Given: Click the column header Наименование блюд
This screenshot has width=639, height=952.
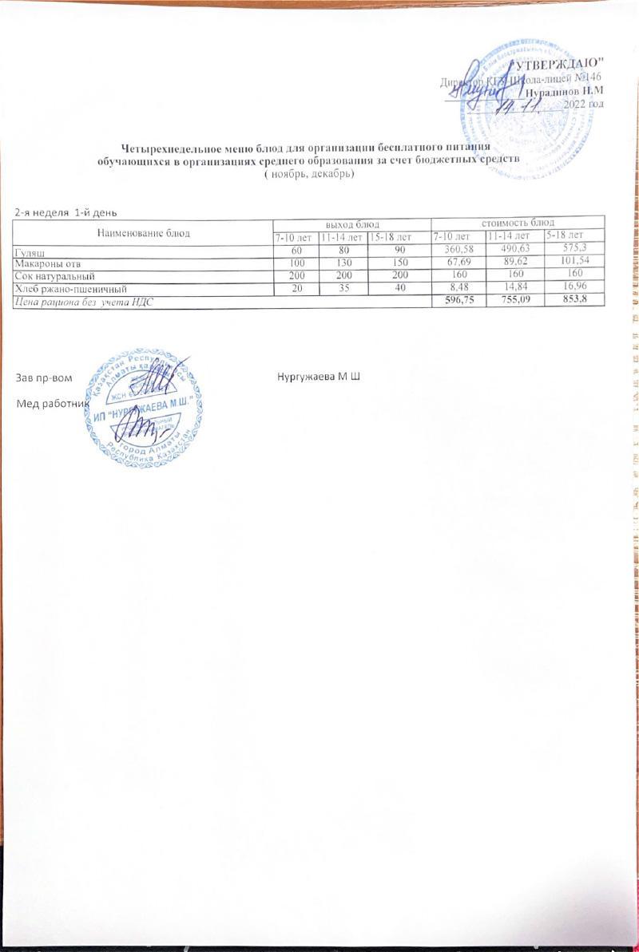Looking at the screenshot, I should (142, 233).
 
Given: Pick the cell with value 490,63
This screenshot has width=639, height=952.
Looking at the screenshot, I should (514, 250).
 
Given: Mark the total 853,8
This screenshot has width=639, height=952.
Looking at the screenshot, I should (573, 299).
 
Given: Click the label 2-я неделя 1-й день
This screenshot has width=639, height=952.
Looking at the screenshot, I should (66, 212).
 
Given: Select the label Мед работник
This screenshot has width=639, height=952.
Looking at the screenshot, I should (51, 405).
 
